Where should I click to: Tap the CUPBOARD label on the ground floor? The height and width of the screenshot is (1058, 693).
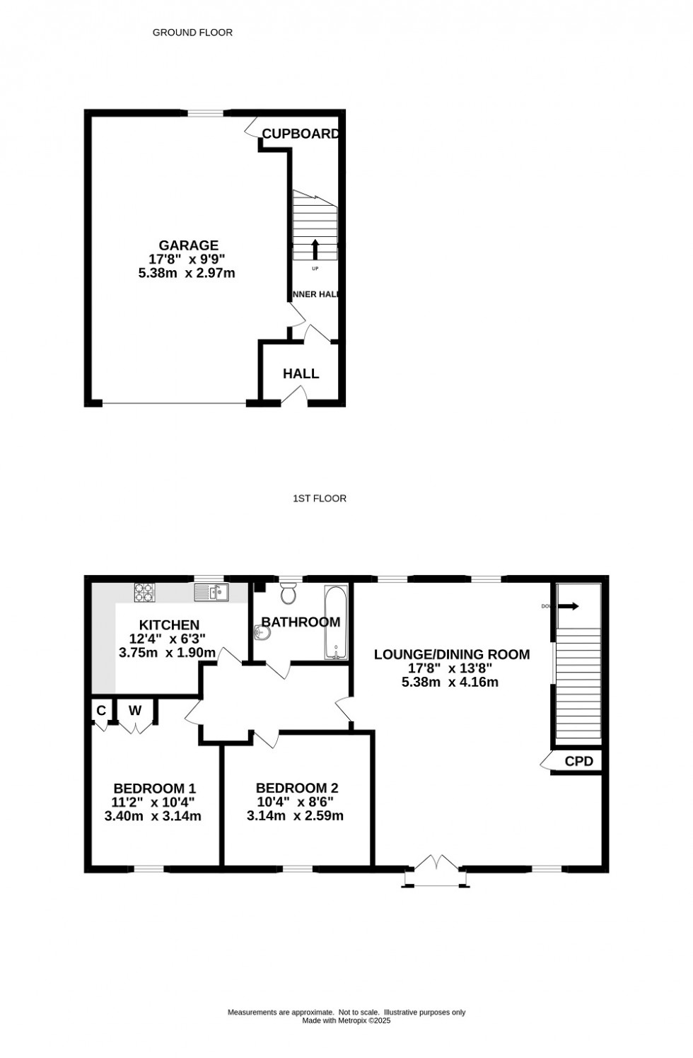coord(301,134)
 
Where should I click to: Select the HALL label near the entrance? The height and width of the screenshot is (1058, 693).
coord(301,373)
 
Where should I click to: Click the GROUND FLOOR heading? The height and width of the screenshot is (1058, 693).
coord(192,33)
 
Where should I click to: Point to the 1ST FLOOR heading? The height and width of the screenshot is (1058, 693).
coord(320,499)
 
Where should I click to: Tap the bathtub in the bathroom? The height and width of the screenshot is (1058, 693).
coord(336,622)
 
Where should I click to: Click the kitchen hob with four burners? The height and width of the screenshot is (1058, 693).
coord(144,593)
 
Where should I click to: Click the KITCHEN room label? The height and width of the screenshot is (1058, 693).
coord(169,625)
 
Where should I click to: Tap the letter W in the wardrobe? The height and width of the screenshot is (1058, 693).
coord(135,710)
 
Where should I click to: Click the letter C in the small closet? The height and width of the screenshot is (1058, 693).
coord(101,710)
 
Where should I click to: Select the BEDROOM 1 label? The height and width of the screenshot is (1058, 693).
coord(154,789)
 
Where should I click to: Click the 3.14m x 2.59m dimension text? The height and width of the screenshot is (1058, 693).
coord(295,816)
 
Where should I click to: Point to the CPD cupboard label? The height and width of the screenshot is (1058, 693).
coord(578,762)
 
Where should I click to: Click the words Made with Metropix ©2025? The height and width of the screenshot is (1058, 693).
coord(346,1021)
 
